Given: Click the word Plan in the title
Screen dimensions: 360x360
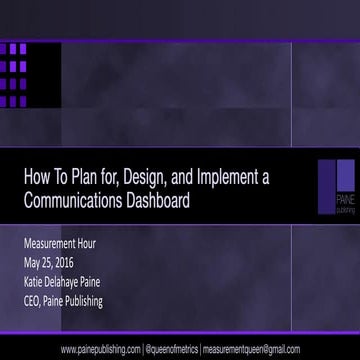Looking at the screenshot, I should coord(85,178).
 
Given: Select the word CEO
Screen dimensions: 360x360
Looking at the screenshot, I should coord(33,300).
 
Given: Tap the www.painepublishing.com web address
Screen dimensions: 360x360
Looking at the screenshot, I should coord(100,349).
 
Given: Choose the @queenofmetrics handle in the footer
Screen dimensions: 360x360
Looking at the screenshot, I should coord(171,349).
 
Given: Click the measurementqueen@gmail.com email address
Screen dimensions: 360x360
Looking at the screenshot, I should coord(250,349).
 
